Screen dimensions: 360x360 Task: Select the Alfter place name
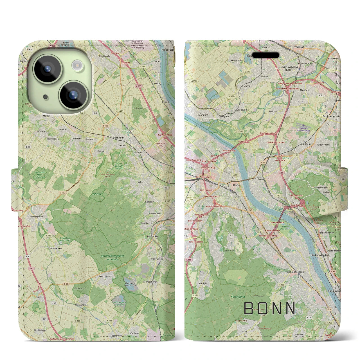point(140,182)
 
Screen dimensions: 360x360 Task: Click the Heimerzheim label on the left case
point(36,217)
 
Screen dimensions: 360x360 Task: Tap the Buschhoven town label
point(105,276)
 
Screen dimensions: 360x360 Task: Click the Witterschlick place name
point(157,259)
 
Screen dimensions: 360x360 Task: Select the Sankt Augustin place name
point(331,116)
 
